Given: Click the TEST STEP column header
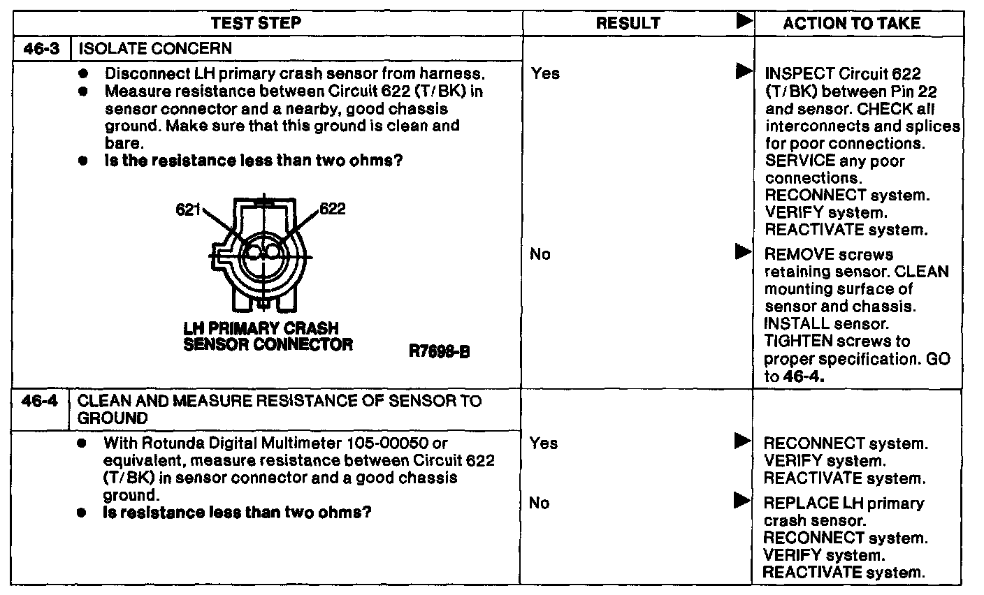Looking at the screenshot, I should (x=256, y=23).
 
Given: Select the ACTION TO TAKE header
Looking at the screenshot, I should (x=851, y=23).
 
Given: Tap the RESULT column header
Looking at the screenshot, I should (x=628, y=23).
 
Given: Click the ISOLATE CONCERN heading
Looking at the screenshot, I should (x=154, y=49).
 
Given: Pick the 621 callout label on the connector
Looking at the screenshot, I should (x=188, y=210).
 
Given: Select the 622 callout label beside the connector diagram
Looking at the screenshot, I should (x=333, y=209).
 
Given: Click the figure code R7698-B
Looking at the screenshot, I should (x=439, y=352).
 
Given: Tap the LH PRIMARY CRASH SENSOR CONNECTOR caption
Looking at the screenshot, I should (x=268, y=336).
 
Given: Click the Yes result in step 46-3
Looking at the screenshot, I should (x=545, y=73).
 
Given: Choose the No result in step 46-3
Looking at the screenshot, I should (x=540, y=254).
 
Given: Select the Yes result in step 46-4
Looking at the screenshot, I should (x=544, y=443).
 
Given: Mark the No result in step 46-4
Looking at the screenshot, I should (x=540, y=503).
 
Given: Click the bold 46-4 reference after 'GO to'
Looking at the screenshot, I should (x=803, y=376).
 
